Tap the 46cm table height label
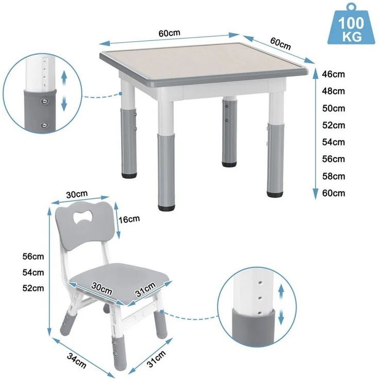coord(333,74)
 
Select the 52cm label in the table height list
coord(334,125)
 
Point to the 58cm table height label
coord(334,176)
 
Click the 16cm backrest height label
coord(129,219)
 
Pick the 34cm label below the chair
coord(77,360)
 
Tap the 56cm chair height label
coord(33,256)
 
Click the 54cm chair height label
coord(33,272)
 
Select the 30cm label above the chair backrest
coord(77,194)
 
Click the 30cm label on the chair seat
coord(102,288)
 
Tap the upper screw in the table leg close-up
coord(44,101)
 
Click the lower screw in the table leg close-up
coord(44,125)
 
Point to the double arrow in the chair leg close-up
coord(281,304)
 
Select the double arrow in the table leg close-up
coord(64,91)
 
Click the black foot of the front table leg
coord(166,208)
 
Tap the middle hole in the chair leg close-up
coord(260,298)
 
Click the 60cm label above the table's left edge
coord(169,33)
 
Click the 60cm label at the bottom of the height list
coord(334,193)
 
